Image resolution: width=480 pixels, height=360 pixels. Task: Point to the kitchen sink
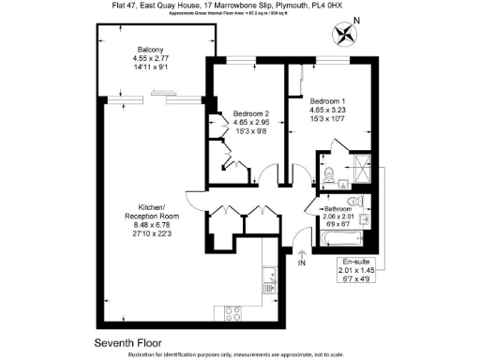pyautogui.click(x=269, y=277)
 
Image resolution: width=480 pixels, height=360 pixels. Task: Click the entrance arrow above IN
pyautogui.click(x=301, y=253)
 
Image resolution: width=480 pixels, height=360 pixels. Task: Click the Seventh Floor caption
pyautogui.click(x=127, y=341)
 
